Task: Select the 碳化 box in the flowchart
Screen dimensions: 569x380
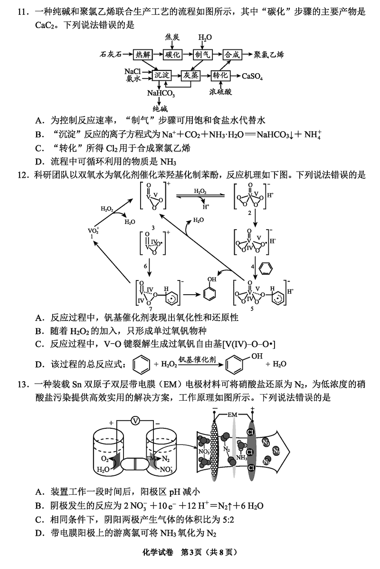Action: point(173,55)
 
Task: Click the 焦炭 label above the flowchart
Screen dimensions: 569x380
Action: point(173,37)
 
